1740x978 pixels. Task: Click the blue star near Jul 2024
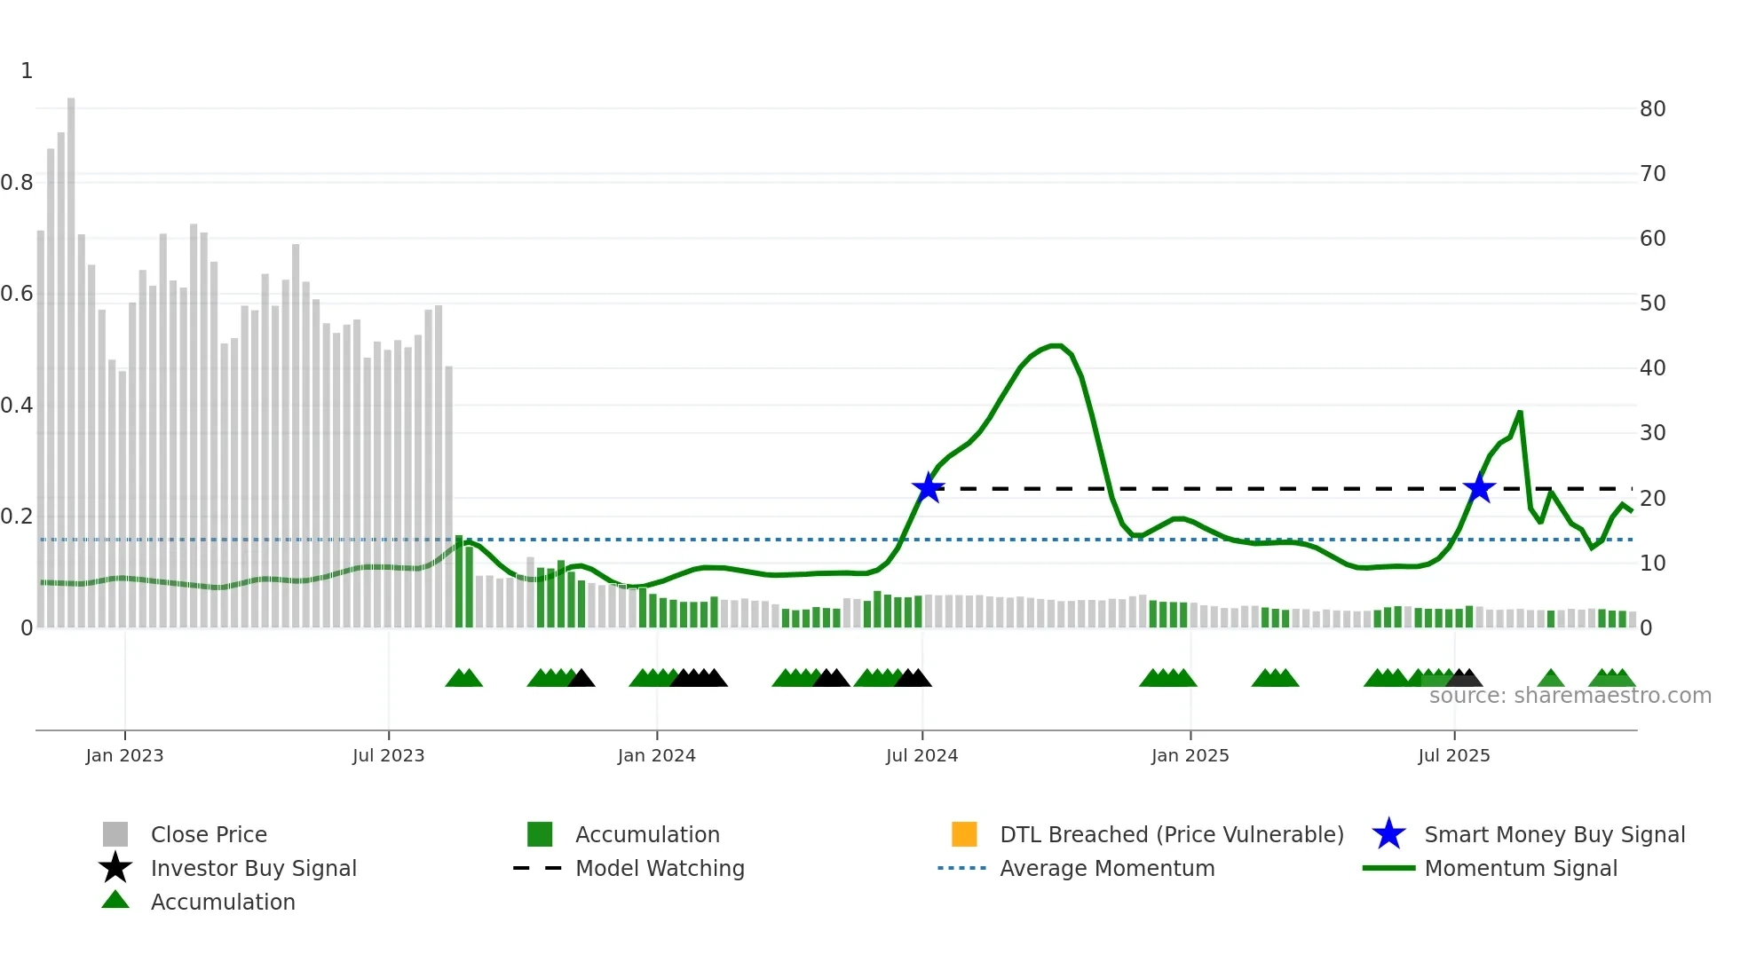[928, 488]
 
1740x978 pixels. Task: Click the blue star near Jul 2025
[1479, 488]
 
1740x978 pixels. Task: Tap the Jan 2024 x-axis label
[656, 755]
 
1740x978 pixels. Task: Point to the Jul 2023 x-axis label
[388, 755]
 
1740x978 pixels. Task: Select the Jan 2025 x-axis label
[1190, 755]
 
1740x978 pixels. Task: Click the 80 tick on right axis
[1652, 109]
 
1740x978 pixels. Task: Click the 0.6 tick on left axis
[17, 294]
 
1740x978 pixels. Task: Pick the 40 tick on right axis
[1652, 368]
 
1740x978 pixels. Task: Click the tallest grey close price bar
[71, 355]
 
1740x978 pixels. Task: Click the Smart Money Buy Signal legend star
[1388, 834]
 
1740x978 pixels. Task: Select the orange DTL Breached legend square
[964, 834]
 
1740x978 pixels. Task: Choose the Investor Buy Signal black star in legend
[115, 868]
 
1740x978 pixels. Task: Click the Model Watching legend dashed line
[537, 868]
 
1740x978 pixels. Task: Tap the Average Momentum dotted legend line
[961, 868]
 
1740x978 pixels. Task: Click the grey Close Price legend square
[115, 834]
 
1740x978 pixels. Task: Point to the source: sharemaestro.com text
[1570, 696]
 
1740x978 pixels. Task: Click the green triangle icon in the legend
[115, 900]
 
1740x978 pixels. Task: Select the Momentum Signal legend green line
[1388, 868]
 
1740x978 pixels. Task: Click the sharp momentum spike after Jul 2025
[1520, 413]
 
